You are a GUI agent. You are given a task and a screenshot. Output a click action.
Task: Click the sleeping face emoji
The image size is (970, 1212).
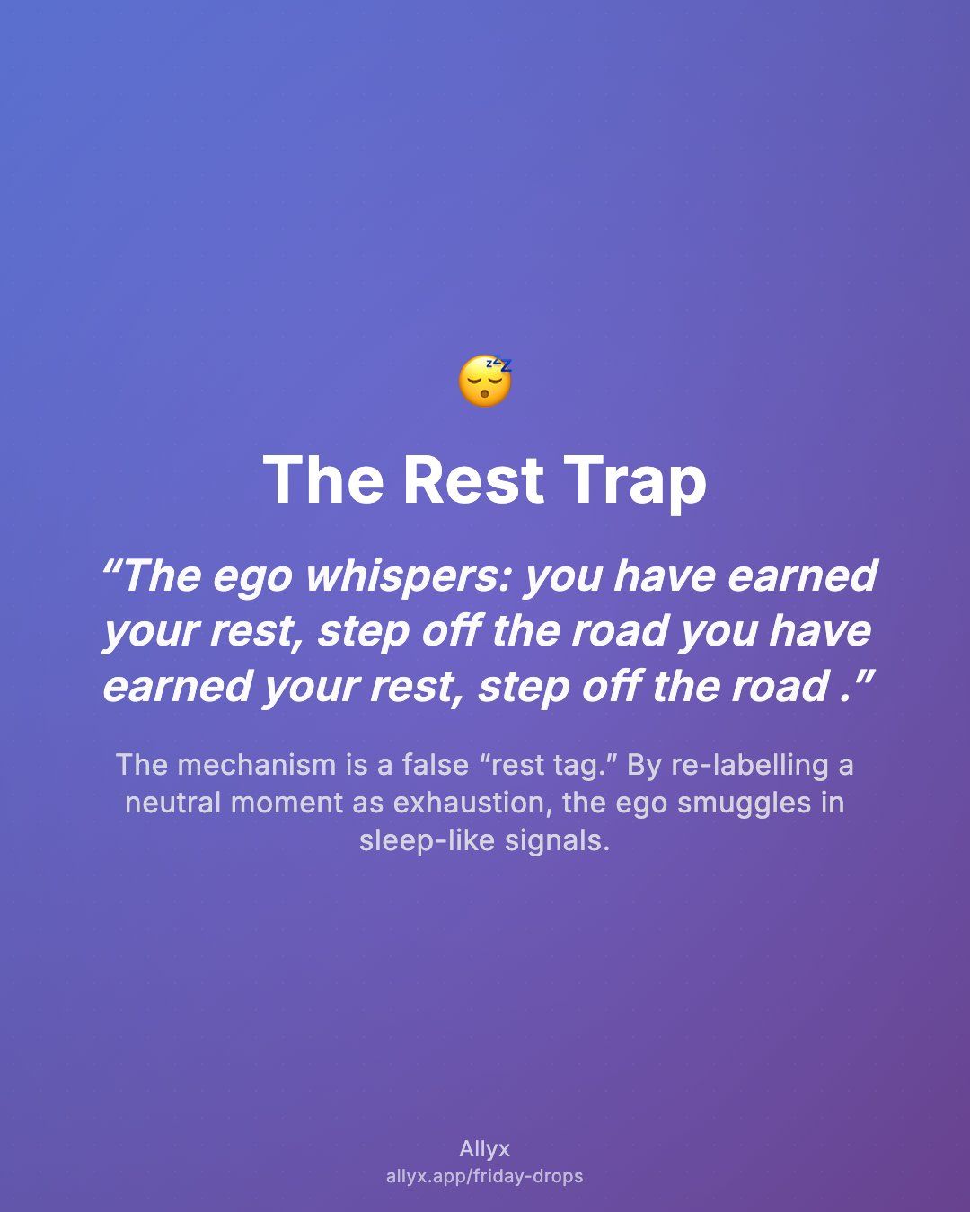coord(485,381)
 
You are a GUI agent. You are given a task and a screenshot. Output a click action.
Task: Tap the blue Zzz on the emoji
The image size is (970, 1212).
coord(499,364)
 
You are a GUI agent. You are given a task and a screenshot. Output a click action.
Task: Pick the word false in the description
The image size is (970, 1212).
coord(435,766)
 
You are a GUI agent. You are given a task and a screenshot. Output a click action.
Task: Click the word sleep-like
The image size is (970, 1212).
coord(427,841)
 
